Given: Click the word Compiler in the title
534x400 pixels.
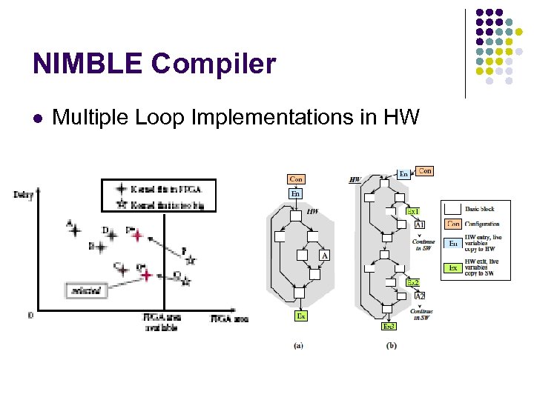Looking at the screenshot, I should point(214,64).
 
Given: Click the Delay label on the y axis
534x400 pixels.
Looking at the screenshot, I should point(23,195).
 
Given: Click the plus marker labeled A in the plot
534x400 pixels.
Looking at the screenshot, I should point(75,230).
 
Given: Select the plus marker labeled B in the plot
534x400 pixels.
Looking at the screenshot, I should point(100,248).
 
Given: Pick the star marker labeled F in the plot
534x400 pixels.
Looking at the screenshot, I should point(191,260).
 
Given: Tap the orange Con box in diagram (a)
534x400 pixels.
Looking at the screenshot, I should point(296,179).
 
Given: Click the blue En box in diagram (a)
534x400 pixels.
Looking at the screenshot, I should point(295,193).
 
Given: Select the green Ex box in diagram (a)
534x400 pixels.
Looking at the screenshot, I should point(301,316).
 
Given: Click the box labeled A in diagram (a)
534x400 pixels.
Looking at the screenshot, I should point(324,256).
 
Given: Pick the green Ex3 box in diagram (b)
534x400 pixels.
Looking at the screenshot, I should point(389,326).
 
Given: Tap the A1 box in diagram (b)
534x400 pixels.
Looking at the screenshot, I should point(419,224).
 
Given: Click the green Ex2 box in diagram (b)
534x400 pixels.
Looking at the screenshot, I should point(412,282).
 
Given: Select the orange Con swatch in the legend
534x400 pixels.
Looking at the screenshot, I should point(452,224).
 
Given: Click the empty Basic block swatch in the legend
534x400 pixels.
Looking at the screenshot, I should point(452,208).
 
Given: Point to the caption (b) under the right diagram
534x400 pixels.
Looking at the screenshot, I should point(391,346).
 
